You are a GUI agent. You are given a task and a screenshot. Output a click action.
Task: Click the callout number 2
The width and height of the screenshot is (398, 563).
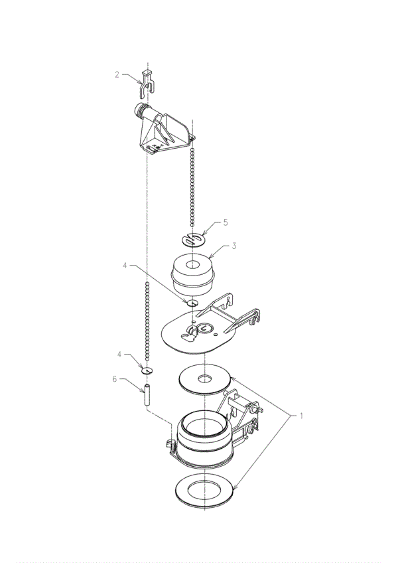[117, 74]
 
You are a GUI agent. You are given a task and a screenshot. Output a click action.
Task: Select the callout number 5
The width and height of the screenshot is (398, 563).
[226, 222]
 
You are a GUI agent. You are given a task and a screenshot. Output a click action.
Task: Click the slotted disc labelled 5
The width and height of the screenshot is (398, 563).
[193, 240]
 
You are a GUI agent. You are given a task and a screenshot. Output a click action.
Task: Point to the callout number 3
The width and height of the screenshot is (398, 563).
[234, 246]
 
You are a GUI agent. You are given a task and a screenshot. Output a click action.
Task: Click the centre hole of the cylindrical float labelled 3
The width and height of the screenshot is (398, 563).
[193, 265]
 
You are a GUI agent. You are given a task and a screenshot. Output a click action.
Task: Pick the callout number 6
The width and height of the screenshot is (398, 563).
[115, 379]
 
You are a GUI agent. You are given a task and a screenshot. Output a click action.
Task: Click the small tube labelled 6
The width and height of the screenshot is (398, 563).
[147, 395]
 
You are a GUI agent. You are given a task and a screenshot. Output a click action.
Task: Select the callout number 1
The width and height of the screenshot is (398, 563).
[301, 416]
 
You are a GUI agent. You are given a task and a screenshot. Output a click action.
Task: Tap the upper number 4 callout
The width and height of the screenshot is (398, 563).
[125, 266]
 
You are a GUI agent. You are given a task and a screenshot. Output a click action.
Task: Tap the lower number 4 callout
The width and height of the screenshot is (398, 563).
[119, 355]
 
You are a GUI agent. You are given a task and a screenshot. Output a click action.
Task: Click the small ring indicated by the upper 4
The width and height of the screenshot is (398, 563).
[192, 303]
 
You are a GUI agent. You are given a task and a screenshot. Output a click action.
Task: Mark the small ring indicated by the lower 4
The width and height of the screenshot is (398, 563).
[147, 370]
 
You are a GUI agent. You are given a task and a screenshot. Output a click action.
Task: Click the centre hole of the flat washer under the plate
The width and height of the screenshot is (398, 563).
[205, 378]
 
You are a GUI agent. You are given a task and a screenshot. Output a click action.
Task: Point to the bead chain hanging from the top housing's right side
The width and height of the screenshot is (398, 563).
[192, 187]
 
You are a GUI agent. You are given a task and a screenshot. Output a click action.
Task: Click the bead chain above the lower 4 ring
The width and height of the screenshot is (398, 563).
[147, 321]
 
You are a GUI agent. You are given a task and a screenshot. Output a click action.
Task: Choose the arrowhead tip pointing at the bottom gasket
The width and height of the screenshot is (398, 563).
[233, 489]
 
